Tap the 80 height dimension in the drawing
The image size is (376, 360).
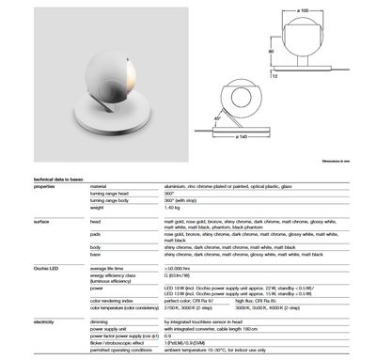(271, 51)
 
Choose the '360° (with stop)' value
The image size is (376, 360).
(183, 200)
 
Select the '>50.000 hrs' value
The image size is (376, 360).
(179, 269)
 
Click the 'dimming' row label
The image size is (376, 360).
(97, 321)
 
